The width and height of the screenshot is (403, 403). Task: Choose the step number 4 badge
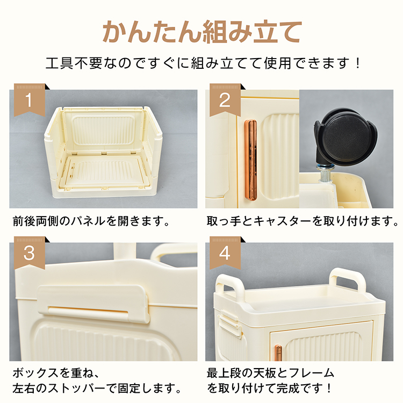pyautogui.click(x=224, y=253)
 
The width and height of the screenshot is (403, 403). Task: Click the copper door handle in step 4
pyautogui.click(x=278, y=353)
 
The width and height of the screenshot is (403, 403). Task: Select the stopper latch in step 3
pyautogui.click(x=93, y=304)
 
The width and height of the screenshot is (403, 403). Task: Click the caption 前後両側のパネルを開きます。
pyautogui.click(x=91, y=221)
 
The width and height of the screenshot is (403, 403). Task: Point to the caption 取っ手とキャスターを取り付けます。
pyautogui.click(x=303, y=221)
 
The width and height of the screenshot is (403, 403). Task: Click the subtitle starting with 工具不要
pyautogui.click(x=201, y=63)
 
